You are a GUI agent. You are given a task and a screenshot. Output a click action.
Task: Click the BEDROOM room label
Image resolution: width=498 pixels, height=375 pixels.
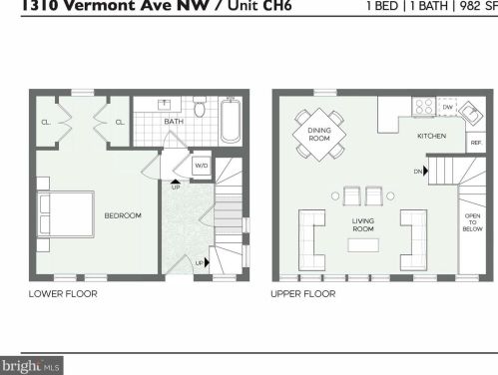123,215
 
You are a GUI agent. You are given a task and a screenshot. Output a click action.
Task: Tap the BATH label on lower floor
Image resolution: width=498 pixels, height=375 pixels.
174,123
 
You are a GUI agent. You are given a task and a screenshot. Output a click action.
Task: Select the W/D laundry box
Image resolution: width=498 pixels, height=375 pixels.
201,166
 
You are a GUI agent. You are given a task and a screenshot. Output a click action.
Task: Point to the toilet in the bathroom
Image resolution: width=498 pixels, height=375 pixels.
200,108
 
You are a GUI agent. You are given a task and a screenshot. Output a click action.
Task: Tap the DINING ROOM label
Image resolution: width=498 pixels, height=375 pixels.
318,134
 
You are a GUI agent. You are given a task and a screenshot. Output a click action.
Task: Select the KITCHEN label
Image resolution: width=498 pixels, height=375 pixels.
431,136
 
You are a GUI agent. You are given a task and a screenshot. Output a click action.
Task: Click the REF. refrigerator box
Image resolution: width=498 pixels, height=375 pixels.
475,144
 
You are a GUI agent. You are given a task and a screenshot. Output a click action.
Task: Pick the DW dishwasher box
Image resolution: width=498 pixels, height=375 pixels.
447,106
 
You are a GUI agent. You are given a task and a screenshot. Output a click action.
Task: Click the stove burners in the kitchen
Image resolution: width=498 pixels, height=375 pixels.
423,106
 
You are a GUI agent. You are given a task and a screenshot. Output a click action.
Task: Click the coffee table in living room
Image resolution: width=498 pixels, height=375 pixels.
361,243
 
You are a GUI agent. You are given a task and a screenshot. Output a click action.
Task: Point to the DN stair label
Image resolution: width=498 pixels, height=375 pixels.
419,171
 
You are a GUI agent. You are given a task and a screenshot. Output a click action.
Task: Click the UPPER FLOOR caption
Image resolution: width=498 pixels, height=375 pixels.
302,294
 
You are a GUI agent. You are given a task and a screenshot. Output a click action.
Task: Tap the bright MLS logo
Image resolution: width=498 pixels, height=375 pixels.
31,366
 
